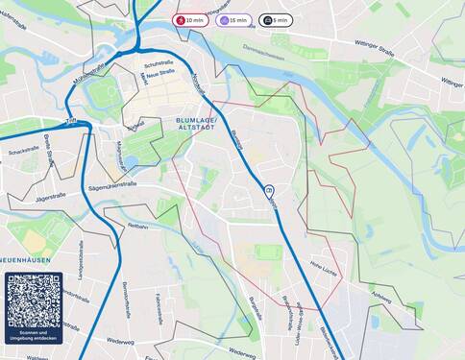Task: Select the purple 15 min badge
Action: (233, 19)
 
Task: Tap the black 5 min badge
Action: (276, 19)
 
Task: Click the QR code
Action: (34, 300)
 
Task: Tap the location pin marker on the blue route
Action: (269, 192)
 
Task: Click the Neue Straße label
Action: (160, 72)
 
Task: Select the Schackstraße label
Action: (23, 152)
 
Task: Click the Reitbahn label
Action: (138, 227)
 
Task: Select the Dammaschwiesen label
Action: (263, 55)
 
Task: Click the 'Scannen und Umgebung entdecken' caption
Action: (34, 336)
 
